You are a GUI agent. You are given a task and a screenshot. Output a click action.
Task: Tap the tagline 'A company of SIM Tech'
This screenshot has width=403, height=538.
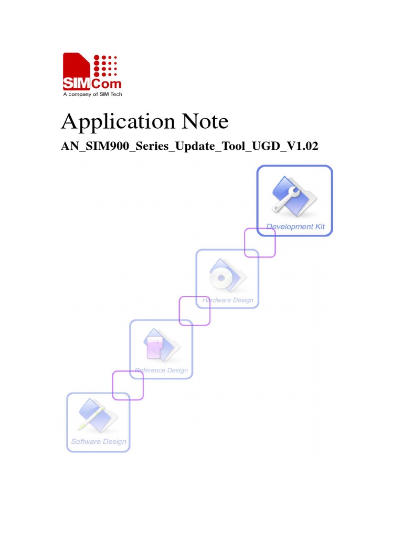click(x=92, y=95)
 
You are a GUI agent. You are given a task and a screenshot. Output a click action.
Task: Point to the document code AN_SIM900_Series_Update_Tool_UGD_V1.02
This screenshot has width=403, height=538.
click(x=190, y=147)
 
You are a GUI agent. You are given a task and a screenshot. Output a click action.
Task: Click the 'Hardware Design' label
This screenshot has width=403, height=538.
click(x=228, y=301)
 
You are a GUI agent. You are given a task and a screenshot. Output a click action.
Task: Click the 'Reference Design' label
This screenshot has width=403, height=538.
click(x=162, y=370)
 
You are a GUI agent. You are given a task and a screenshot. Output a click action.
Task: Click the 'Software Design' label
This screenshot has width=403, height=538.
click(x=99, y=441)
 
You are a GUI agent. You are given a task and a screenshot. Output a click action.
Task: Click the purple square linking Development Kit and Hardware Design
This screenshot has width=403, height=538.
click(x=260, y=242)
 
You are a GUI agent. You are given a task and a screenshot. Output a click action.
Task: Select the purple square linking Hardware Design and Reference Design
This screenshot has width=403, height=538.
click(x=195, y=311)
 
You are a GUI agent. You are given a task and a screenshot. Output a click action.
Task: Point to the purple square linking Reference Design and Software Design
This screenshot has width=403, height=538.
click(x=128, y=385)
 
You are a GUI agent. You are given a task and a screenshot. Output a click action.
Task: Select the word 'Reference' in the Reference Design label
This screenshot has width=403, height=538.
click(x=150, y=370)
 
